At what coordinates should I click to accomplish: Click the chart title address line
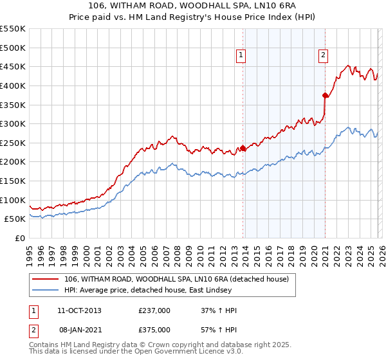point(192,6)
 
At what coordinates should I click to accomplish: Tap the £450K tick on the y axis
point(13,66)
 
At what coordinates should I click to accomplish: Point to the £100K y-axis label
point(13,200)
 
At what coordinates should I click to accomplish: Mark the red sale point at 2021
point(326,96)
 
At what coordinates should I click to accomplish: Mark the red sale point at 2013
point(243,148)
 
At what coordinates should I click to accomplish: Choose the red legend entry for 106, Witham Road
point(179,279)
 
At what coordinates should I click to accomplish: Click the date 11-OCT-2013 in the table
point(79,311)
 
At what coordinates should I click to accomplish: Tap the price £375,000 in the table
point(154,329)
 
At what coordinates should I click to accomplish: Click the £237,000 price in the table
point(154,311)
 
